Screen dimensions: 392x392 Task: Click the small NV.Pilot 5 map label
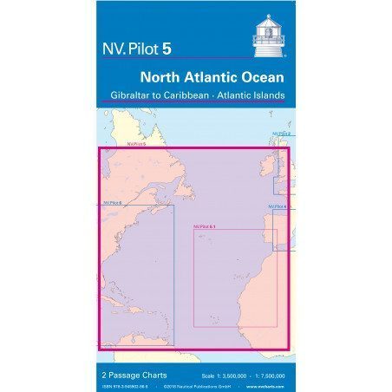[x=134, y=146]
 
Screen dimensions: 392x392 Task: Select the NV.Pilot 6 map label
[x=110, y=201]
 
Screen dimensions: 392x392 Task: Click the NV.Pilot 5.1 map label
[x=205, y=225]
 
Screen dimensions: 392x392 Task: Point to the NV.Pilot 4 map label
[x=278, y=206]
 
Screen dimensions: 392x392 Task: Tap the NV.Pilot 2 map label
[x=281, y=134]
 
